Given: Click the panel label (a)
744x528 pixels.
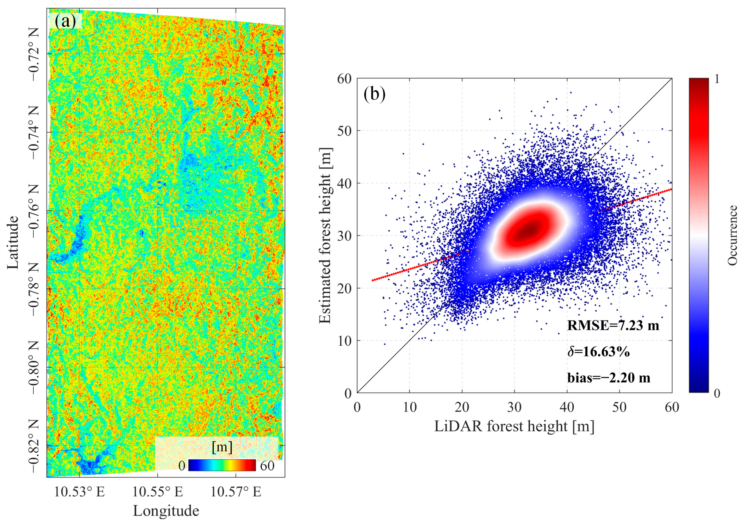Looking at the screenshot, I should point(65,22).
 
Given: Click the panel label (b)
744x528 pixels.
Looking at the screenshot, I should point(374,94).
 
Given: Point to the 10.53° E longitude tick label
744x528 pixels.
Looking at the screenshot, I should point(79,492).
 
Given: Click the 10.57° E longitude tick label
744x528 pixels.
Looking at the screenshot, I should point(236,492).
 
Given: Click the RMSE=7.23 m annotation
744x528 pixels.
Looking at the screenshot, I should point(613,325).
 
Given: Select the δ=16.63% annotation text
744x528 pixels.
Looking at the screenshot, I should point(598,351).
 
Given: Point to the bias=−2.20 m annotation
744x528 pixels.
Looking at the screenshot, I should point(609,378).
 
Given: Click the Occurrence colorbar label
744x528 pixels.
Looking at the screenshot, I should point(732,236).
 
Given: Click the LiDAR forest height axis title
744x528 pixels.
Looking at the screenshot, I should point(514,426).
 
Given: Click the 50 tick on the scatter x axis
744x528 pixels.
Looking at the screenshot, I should point(619,407).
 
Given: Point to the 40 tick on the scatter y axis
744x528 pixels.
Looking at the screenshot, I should point(345,183).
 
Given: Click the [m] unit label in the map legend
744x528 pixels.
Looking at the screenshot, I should point(222,447).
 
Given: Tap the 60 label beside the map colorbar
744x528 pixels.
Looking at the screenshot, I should point(267,466).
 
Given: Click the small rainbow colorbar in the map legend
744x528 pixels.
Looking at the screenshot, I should point(222,465).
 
